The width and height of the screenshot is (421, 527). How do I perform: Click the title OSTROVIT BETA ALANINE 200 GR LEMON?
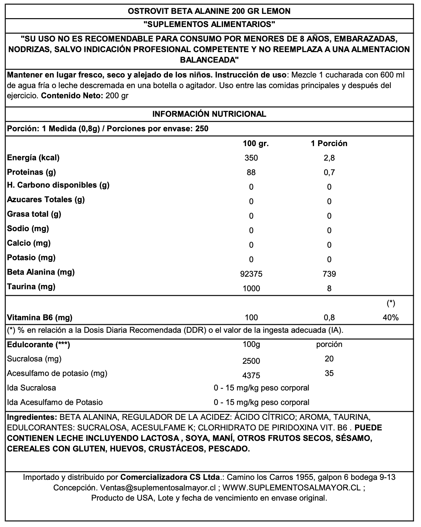pyautogui.click(x=209, y=11)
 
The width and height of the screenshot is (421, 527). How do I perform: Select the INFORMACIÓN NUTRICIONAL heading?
pyautogui.click(x=209, y=114)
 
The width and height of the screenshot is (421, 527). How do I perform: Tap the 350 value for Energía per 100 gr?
pyautogui.click(x=251, y=158)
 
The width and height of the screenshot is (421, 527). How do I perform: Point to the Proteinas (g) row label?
pyautogui.click(x=32, y=172)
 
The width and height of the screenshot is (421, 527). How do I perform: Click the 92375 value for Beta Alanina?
pyautogui.click(x=251, y=274)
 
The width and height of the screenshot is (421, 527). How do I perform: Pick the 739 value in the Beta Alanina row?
pyautogui.click(x=329, y=274)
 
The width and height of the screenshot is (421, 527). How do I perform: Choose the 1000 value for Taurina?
pyautogui.click(x=251, y=289)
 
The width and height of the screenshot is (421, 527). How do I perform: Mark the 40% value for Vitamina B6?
pyautogui.click(x=391, y=318)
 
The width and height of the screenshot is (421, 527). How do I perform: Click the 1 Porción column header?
pyautogui.click(x=329, y=143)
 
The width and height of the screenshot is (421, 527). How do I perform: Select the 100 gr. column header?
pyautogui.click(x=256, y=143)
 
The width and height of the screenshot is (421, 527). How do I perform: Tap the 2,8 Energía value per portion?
pyautogui.click(x=329, y=158)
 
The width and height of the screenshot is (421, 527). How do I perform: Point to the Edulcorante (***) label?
pyautogui.click(x=39, y=345)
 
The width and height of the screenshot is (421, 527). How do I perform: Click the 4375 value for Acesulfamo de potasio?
pyautogui.click(x=251, y=376)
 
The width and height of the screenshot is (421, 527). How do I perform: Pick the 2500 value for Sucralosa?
pyautogui.click(x=251, y=361)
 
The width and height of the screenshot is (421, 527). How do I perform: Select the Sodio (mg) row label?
pyautogui.click(x=28, y=229)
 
